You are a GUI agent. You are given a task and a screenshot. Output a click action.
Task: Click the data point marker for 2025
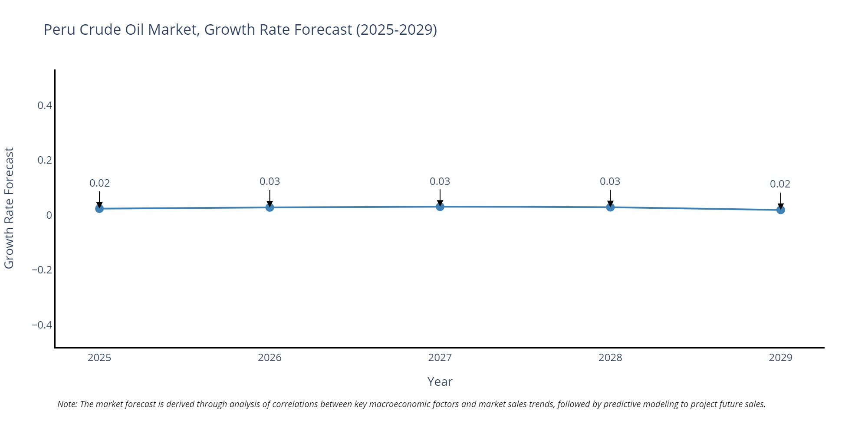99,209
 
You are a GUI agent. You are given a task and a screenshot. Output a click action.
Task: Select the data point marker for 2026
270,207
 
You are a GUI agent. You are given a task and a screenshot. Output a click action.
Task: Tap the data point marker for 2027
440,207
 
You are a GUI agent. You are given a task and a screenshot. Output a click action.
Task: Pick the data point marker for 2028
610,207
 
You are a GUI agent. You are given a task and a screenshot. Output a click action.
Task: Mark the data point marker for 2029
780,210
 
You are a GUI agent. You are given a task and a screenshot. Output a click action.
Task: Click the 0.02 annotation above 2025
99,183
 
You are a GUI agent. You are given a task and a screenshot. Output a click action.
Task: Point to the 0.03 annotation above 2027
440,181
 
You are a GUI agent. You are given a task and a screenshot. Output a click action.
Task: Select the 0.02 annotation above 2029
780,184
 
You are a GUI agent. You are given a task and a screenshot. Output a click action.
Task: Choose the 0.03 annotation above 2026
270,181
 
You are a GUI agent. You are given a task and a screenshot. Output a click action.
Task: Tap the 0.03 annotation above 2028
610,181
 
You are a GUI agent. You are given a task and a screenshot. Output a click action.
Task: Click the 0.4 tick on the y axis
45,105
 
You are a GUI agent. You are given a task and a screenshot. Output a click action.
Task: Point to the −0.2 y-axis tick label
42,270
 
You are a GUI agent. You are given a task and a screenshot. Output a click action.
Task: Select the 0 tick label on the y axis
49,215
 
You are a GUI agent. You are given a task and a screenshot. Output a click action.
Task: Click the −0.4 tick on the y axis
42,325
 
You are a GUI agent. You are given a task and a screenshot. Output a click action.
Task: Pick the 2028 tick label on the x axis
610,358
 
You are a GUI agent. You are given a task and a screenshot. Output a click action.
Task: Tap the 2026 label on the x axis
270,358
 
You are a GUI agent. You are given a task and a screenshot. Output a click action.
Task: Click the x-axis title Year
440,382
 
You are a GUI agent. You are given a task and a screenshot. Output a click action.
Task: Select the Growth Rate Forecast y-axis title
9,208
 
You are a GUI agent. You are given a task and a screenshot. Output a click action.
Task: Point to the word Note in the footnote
67,404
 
